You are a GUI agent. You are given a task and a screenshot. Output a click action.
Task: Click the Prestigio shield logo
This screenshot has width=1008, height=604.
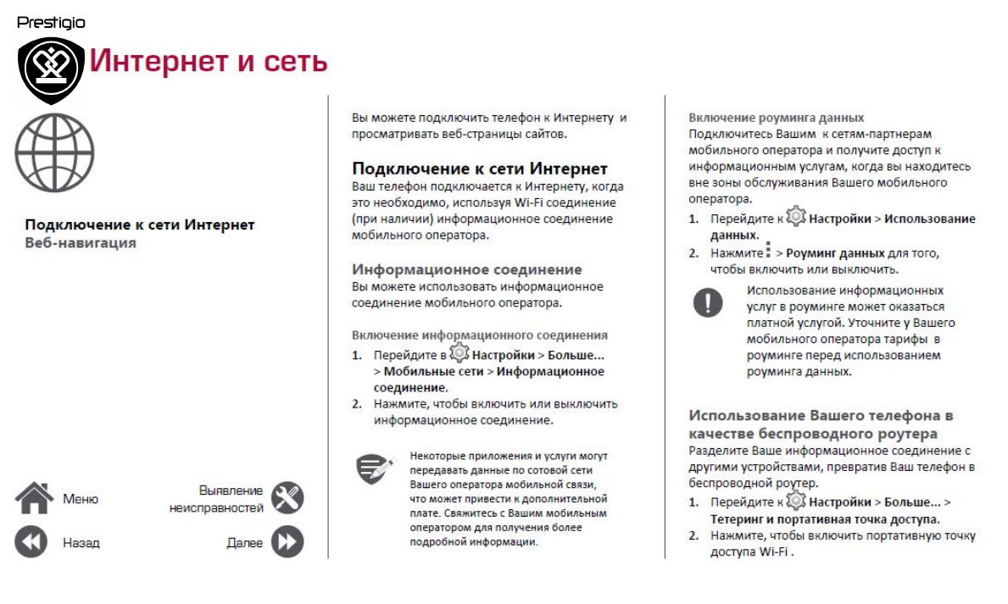pos(51,68)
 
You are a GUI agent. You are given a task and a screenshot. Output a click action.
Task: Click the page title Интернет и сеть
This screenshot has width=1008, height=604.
pos(209,62)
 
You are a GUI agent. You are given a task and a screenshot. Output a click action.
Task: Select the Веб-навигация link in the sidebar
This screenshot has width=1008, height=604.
pos(81,243)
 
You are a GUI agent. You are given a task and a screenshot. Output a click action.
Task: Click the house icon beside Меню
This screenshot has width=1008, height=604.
pos(34,498)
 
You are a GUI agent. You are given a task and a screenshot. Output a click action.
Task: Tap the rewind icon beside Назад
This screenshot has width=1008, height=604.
pos(32,542)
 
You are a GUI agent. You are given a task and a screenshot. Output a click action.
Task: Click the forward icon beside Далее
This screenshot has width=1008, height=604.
pos(287,542)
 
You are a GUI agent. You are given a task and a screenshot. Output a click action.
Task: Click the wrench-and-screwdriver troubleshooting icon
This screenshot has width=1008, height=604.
pos(287,498)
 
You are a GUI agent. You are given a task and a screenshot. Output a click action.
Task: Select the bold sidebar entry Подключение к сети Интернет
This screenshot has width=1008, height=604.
pos(140,224)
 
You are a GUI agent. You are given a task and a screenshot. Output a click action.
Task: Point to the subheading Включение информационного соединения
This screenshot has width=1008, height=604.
pos(479,335)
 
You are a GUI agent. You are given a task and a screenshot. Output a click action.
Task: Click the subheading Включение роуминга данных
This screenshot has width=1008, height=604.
pos(776,118)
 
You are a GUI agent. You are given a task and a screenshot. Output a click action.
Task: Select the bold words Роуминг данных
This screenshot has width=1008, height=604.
pos(835,253)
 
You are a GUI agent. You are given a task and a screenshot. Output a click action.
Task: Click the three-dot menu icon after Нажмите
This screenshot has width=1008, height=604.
pos(768,251)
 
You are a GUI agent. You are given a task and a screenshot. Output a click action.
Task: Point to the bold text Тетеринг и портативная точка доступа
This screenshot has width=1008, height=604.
pos(825,519)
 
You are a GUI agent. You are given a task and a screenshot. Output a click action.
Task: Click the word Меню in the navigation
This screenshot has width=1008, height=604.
pos(81,499)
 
